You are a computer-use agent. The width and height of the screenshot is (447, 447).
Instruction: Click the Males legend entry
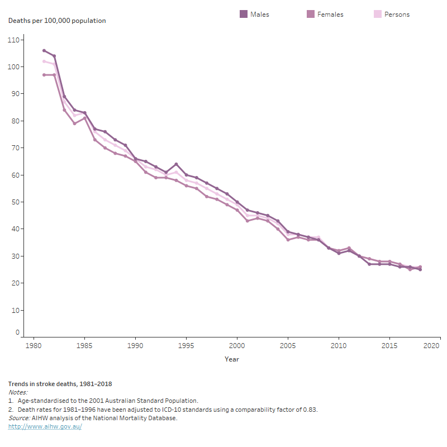point(255,14)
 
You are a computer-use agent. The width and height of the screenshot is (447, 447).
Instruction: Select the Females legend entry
point(325,14)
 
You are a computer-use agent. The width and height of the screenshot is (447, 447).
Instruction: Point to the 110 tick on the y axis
point(14,40)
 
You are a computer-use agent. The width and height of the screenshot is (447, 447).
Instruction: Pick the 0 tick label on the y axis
point(18,332)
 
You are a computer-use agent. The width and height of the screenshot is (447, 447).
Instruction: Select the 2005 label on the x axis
point(288,346)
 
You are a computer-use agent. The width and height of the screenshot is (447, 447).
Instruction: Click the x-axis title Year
point(232,359)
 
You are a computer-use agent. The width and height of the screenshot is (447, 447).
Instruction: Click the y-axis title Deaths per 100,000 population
point(57,21)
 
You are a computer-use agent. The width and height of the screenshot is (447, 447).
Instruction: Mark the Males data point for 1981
point(44,51)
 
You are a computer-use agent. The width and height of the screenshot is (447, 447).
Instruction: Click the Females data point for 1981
point(44,75)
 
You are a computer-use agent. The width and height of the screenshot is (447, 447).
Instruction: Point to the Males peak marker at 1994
point(176,164)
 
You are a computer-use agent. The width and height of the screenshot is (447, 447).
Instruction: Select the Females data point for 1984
point(74,123)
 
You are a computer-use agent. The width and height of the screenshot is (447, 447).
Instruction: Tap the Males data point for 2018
point(420,269)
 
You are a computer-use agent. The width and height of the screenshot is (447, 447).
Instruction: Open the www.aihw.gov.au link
point(45,426)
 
